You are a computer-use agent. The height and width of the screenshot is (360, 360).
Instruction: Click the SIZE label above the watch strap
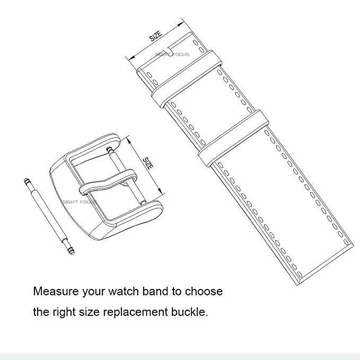(x=155, y=36)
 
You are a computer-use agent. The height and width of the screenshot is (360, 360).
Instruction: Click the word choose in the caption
(x=205, y=291)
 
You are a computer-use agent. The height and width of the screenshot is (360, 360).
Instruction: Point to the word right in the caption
(x=65, y=312)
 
